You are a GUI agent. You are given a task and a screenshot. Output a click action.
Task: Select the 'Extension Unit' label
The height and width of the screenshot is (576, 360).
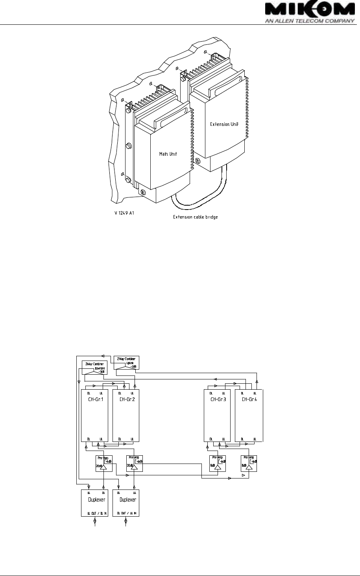tap(224, 124)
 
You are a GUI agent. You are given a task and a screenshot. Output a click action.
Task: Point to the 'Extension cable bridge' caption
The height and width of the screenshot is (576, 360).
tap(196, 217)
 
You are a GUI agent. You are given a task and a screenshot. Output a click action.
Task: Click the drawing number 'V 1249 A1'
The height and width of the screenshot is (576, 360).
tap(126, 215)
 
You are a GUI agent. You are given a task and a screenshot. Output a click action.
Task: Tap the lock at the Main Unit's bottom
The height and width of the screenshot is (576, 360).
tap(143, 192)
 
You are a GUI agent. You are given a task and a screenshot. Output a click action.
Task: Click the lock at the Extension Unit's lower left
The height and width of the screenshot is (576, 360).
tap(198, 160)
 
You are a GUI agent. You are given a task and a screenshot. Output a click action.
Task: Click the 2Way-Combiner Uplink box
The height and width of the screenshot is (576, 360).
tap(126, 362)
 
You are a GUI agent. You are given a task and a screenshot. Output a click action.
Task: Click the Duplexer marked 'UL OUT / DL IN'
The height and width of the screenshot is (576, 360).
tap(94, 503)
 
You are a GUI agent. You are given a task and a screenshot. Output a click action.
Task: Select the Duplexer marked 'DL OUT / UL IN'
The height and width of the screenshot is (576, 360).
tap(126, 503)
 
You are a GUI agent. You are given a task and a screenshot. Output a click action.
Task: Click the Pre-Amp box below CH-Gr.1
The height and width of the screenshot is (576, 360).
tap(104, 464)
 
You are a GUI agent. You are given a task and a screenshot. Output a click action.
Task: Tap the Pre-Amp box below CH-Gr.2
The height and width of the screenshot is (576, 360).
tap(134, 464)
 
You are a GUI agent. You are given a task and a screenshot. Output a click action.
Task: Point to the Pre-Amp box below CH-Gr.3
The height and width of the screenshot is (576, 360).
tap(218, 464)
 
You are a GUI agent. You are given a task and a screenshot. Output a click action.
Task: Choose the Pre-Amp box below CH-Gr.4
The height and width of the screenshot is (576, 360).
tap(249, 464)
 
